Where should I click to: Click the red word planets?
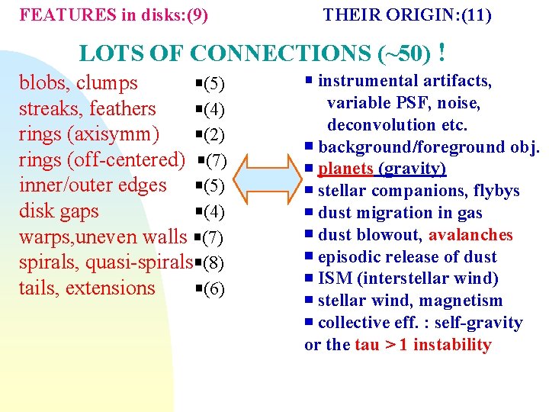tap(345, 169)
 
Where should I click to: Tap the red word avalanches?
tap(470, 235)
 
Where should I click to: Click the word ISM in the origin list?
tap(334, 278)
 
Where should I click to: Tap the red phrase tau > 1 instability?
tap(423, 345)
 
